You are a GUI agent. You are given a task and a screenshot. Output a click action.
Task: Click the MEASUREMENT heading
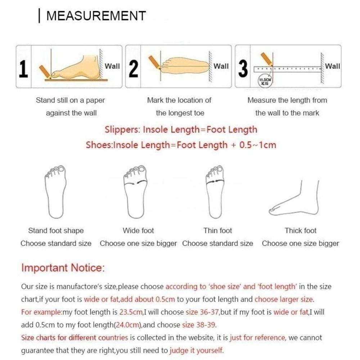coord(96,16)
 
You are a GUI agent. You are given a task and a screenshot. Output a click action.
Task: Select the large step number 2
coord(134,68)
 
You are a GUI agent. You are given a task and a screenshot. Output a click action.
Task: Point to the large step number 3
coord(243,68)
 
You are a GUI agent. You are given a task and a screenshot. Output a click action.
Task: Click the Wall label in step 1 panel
coord(112,66)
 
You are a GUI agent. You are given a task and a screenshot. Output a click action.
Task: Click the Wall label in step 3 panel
coord(333,66)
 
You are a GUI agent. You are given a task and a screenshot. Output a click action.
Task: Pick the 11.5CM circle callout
coord(265,80)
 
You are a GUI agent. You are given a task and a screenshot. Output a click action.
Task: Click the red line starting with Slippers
coord(181,130)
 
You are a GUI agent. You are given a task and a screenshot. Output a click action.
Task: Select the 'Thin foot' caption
coord(217,231)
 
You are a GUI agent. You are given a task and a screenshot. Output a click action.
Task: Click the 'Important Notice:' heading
coord(63,268)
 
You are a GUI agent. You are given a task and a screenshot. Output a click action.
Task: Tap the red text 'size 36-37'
coord(202,312)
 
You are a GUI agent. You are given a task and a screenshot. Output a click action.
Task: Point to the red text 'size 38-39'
coord(198,325)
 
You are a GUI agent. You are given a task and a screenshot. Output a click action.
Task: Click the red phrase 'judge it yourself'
coord(196,350)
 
